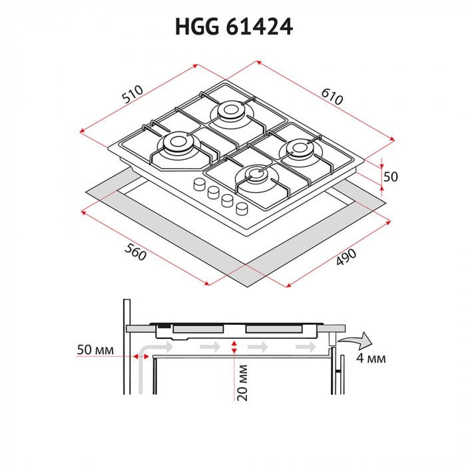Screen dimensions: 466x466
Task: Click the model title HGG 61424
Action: pyautogui.click(x=233, y=26)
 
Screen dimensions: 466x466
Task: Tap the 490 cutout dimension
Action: pyautogui.click(x=346, y=257)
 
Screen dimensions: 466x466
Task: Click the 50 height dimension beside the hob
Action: pyautogui.click(x=391, y=176)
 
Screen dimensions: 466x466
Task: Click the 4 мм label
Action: pyautogui.click(x=369, y=359)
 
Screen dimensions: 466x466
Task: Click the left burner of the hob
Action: pyautogui.click(x=176, y=143)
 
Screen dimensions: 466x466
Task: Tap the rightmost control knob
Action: pyautogui.click(x=242, y=208)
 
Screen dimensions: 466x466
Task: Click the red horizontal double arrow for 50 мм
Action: pyautogui.click(x=141, y=356)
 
